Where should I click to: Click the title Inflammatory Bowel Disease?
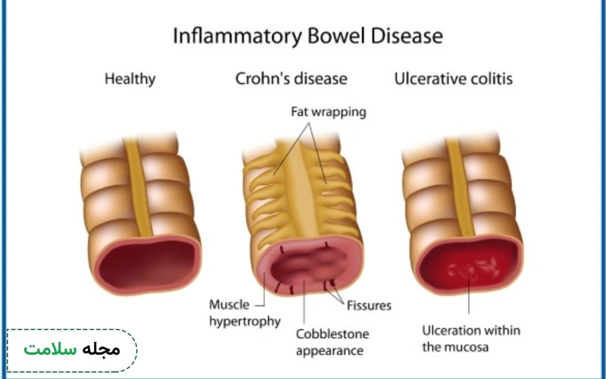click(308, 36)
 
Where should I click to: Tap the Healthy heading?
click(130, 80)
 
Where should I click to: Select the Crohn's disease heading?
click(291, 79)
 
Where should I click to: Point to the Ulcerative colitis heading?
click(453, 79)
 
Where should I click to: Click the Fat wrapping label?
click(329, 112)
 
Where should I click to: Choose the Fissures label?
click(369, 305)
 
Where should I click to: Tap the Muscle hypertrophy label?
click(245, 313)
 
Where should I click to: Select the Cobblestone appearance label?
click(333, 343)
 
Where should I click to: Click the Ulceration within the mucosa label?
click(471, 339)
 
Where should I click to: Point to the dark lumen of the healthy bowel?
click(147, 264)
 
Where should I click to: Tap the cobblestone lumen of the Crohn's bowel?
click(308, 264)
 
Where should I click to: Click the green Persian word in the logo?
click(50, 349)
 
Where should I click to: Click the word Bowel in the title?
click(336, 36)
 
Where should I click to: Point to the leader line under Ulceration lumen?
click(469, 296)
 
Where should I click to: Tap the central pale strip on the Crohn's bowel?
click(302, 189)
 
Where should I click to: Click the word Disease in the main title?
click(407, 36)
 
